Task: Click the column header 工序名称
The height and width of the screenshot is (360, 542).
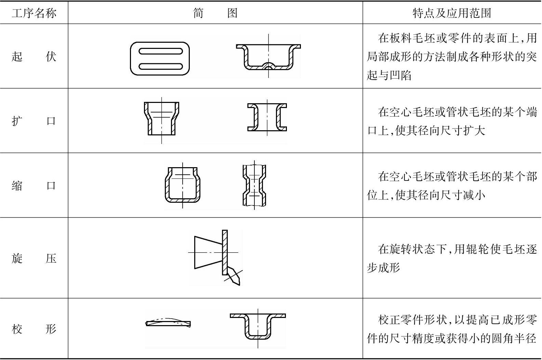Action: (34, 13)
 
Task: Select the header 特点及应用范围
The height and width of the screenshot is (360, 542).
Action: (452, 13)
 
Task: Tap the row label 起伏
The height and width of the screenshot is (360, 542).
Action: (34, 57)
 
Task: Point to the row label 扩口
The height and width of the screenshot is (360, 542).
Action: (34, 121)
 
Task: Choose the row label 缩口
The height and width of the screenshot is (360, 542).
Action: (34, 186)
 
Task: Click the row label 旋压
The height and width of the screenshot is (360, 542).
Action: (34, 258)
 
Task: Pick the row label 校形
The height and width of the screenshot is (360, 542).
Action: (34, 329)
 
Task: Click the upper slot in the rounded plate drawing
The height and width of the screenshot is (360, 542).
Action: (160, 51)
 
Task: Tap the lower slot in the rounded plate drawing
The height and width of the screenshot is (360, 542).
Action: (160, 66)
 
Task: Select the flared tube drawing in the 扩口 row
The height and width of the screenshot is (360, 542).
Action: (162, 119)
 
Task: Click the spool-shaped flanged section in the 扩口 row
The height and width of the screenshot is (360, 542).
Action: (267, 117)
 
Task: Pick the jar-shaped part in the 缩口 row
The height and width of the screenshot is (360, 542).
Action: (183, 185)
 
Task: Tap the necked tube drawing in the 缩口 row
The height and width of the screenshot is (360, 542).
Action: (254, 185)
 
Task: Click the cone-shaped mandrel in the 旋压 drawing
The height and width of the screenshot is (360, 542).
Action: (208, 252)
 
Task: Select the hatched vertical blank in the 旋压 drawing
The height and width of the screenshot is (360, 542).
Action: (225, 252)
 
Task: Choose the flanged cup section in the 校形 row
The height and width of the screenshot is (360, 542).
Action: (258, 326)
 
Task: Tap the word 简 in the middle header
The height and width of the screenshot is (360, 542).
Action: (198, 13)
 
